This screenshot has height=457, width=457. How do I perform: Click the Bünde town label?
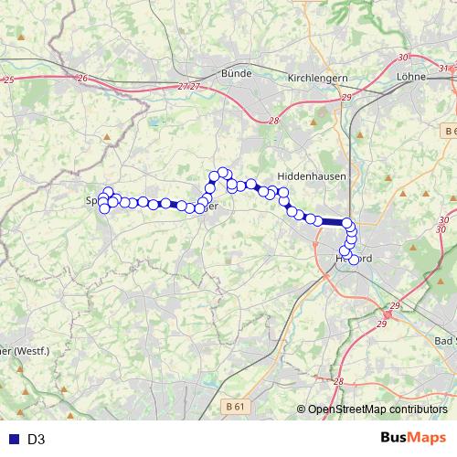tap(237, 72)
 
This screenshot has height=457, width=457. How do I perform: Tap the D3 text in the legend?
tap(37, 439)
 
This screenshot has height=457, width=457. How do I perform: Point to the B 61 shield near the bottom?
tap(235, 405)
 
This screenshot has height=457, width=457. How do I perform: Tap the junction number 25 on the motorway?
tap(8, 80)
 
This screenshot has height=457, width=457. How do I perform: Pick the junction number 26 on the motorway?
tap(82, 79)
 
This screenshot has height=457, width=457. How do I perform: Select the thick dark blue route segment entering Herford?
tap(333, 221)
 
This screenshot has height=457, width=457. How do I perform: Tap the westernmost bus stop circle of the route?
tap(103, 208)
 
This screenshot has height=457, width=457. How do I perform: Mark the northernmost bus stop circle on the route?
tap(223, 172)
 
